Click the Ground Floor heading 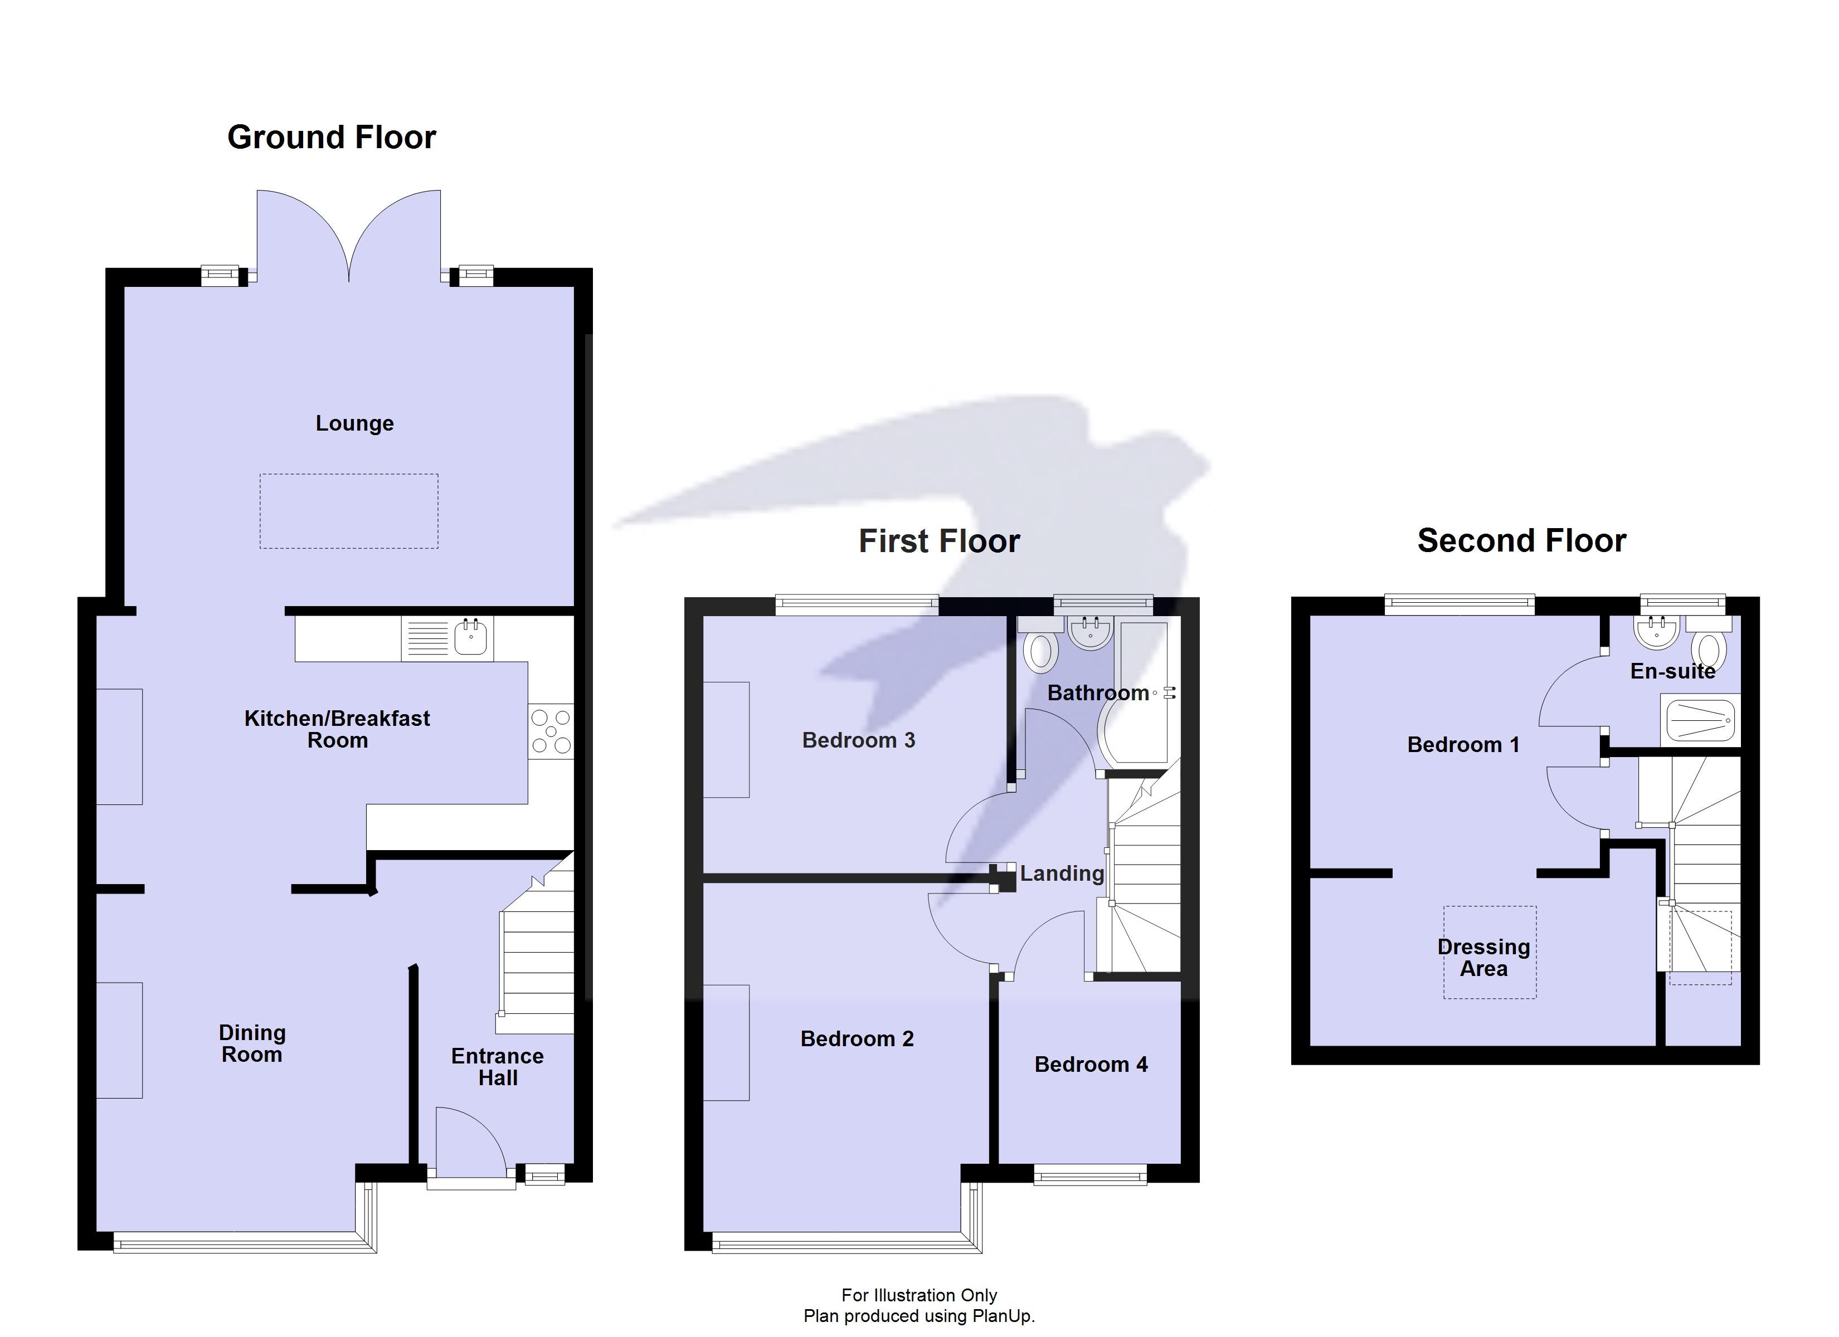pyautogui.click(x=331, y=137)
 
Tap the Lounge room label pyautogui.click(x=354, y=423)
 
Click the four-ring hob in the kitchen pyautogui.click(x=551, y=731)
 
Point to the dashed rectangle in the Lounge pyautogui.click(x=349, y=511)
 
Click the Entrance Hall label pyautogui.click(x=497, y=1067)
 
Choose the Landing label pyautogui.click(x=1062, y=873)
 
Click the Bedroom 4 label pyautogui.click(x=1091, y=1065)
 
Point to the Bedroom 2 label pyautogui.click(x=857, y=1038)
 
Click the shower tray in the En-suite pyautogui.click(x=1700, y=720)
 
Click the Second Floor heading pyautogui.click(x=1521, y=541)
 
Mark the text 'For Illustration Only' pyautogui.click(x=919, y=1295)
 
